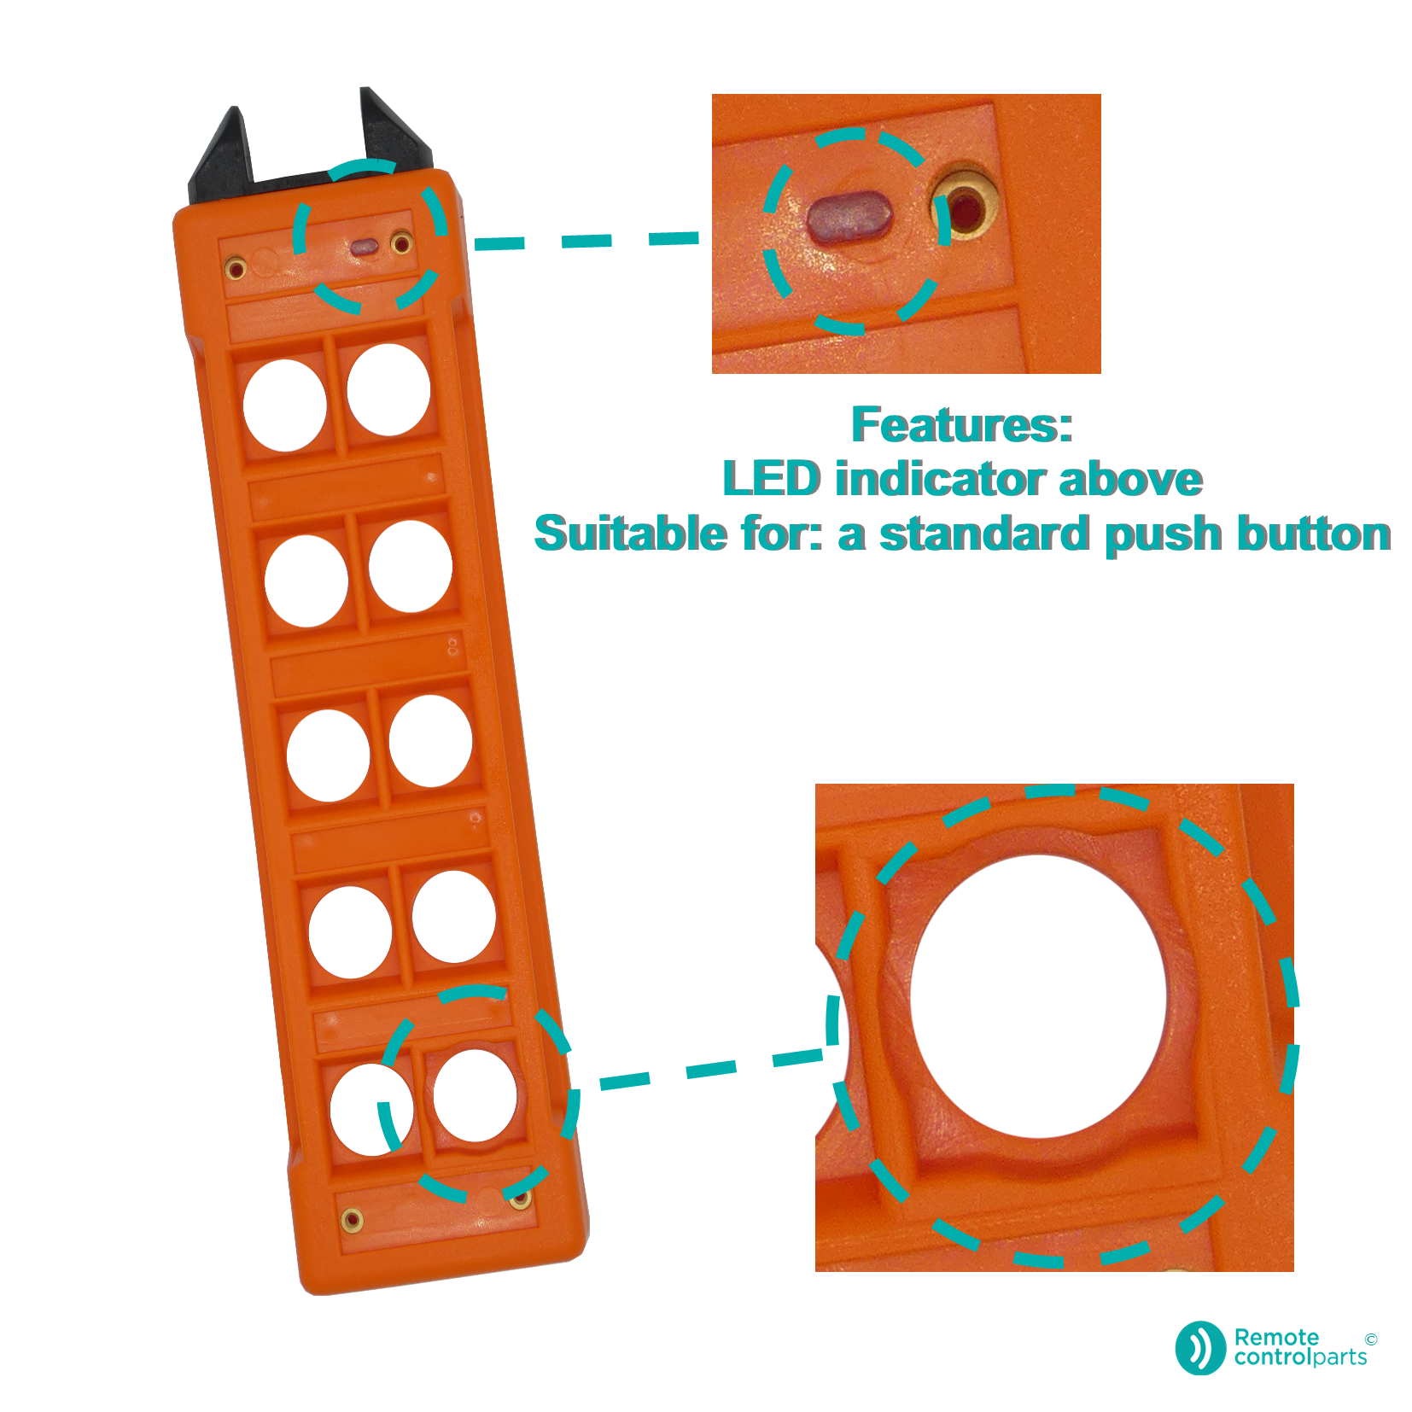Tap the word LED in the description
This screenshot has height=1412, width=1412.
(x=772, y=478)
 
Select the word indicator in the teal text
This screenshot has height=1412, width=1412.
(x=941, y=478)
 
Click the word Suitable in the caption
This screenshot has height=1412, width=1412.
(x=631, y=534)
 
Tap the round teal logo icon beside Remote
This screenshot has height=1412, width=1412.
(x=1200, y=1348)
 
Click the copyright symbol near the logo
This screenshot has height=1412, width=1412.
(x=1371, y=1339)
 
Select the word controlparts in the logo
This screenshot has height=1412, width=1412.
(x=1300, y=1357)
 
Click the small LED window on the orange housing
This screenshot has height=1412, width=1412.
(x=365, y=248)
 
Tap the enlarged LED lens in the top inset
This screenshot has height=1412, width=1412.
(x=849, y=217)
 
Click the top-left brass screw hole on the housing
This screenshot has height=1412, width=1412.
(x=236, y=269)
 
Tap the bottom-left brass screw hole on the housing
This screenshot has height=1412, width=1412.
(x=352, y=1220)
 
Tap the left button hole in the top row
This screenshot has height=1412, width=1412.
(x=284, y=405)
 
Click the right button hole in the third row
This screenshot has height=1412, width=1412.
(x=430, y=741)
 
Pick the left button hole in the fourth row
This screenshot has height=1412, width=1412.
(x=350, y=932)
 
